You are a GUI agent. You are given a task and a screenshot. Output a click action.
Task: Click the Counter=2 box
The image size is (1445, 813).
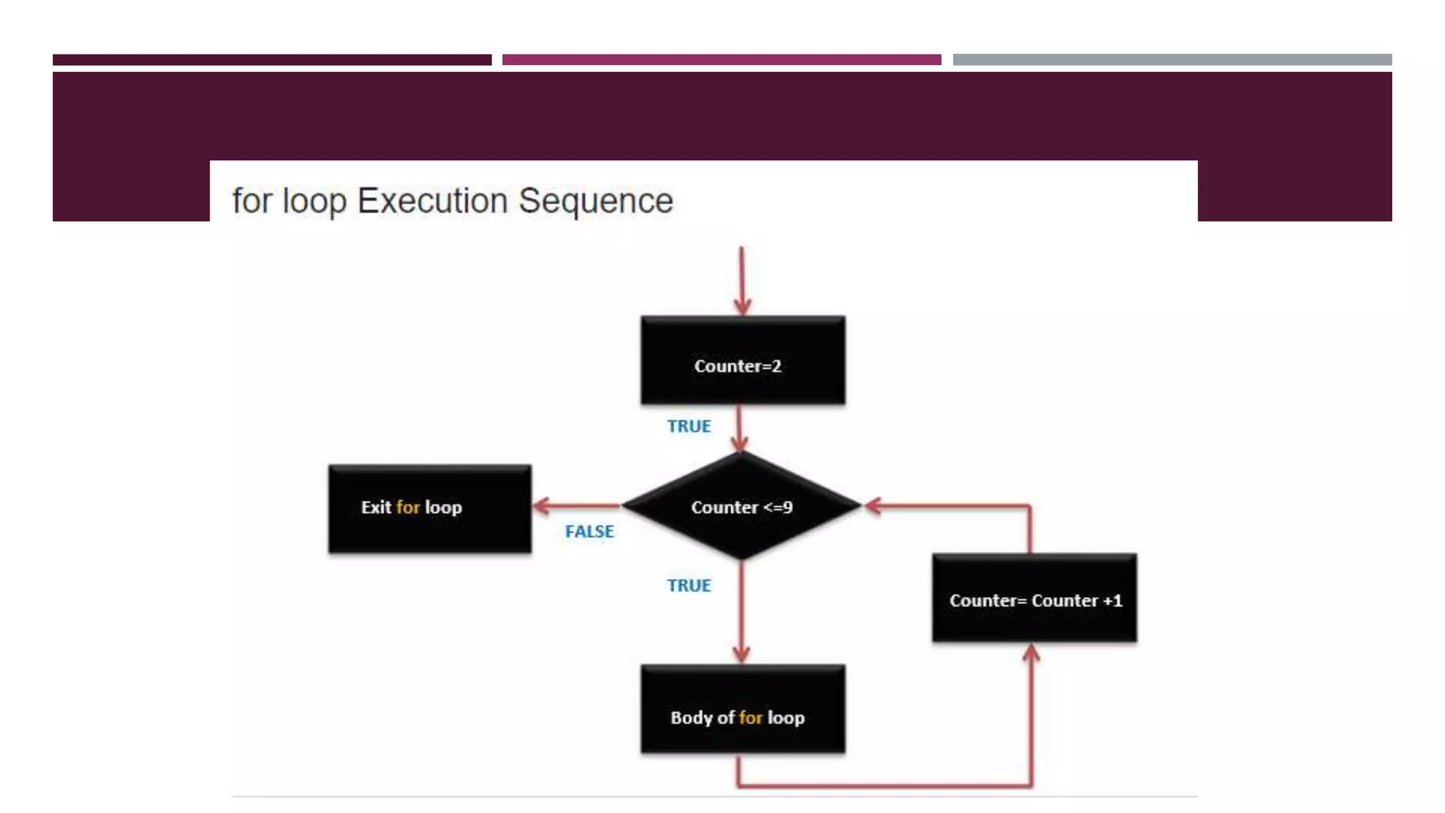[x=742, y=361]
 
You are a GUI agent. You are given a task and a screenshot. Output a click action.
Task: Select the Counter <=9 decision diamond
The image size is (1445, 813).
[x=742, y=506]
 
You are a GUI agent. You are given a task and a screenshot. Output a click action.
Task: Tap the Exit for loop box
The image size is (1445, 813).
[x=430, y=508]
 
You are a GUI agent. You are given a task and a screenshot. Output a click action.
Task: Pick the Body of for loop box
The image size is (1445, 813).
[x=742, y=709]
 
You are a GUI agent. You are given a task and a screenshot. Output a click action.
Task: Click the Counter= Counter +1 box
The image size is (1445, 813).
[x=1034, y=598]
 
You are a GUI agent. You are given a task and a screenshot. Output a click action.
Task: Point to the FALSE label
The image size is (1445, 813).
[x=589, y=531]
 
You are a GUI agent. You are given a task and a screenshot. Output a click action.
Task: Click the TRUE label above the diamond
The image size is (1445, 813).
[x=689, y=426]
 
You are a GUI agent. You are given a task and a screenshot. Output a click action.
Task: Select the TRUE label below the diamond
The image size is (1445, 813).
[x=689, y=586]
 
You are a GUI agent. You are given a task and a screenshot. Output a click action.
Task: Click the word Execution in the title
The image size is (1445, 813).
[x=433, y=201]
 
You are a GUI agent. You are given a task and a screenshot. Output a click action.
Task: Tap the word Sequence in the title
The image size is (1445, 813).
[x=595, y=201]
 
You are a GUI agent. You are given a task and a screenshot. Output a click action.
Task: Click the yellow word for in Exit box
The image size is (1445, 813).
[x=408, y=507]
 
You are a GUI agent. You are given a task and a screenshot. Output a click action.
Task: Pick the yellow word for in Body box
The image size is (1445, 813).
[x=751, y=718]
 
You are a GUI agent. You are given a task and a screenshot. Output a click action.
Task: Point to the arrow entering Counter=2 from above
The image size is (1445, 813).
[x=742, y=282]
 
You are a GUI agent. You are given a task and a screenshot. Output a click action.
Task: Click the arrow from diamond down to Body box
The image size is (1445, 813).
[x=742, y=614]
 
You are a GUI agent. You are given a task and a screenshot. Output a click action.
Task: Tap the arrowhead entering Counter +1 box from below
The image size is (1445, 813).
[x=1031, y=654]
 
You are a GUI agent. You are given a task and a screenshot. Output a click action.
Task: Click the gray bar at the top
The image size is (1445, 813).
[x=1172, y=60]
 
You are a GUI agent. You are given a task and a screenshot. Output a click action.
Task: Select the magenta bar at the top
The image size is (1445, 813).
[x=721, y=60]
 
